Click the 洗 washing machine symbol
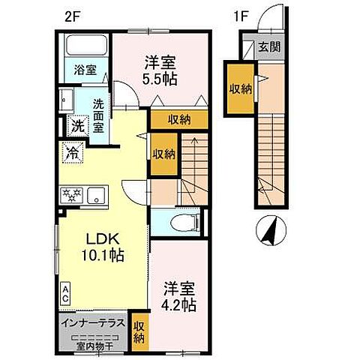tap(76, 126)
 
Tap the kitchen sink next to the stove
tap(95, 196)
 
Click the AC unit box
tap(66, 293)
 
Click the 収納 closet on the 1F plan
tap(241, 88)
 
